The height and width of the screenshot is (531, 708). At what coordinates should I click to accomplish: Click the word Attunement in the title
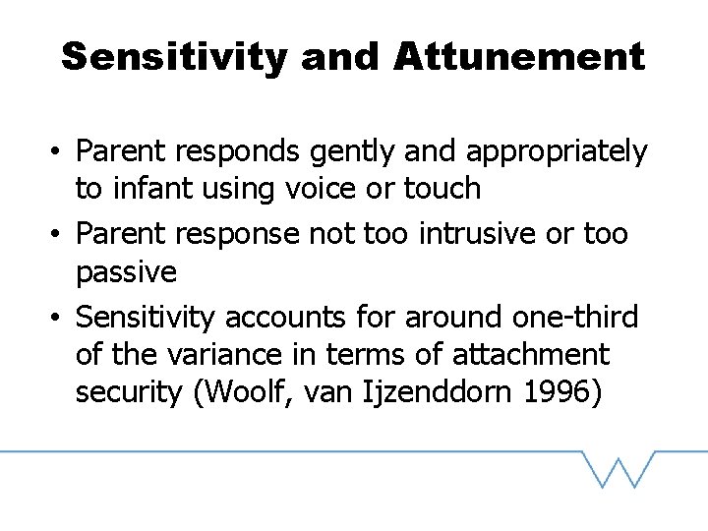[x=519, y=56]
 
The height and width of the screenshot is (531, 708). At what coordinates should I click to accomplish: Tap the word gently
[x=355, y=152]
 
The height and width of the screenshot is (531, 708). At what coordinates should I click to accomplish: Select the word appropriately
[x=557, y=152]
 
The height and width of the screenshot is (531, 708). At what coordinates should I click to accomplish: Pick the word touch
[x=442, y=187]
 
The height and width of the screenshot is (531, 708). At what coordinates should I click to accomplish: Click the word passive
[x=126, y=270]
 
